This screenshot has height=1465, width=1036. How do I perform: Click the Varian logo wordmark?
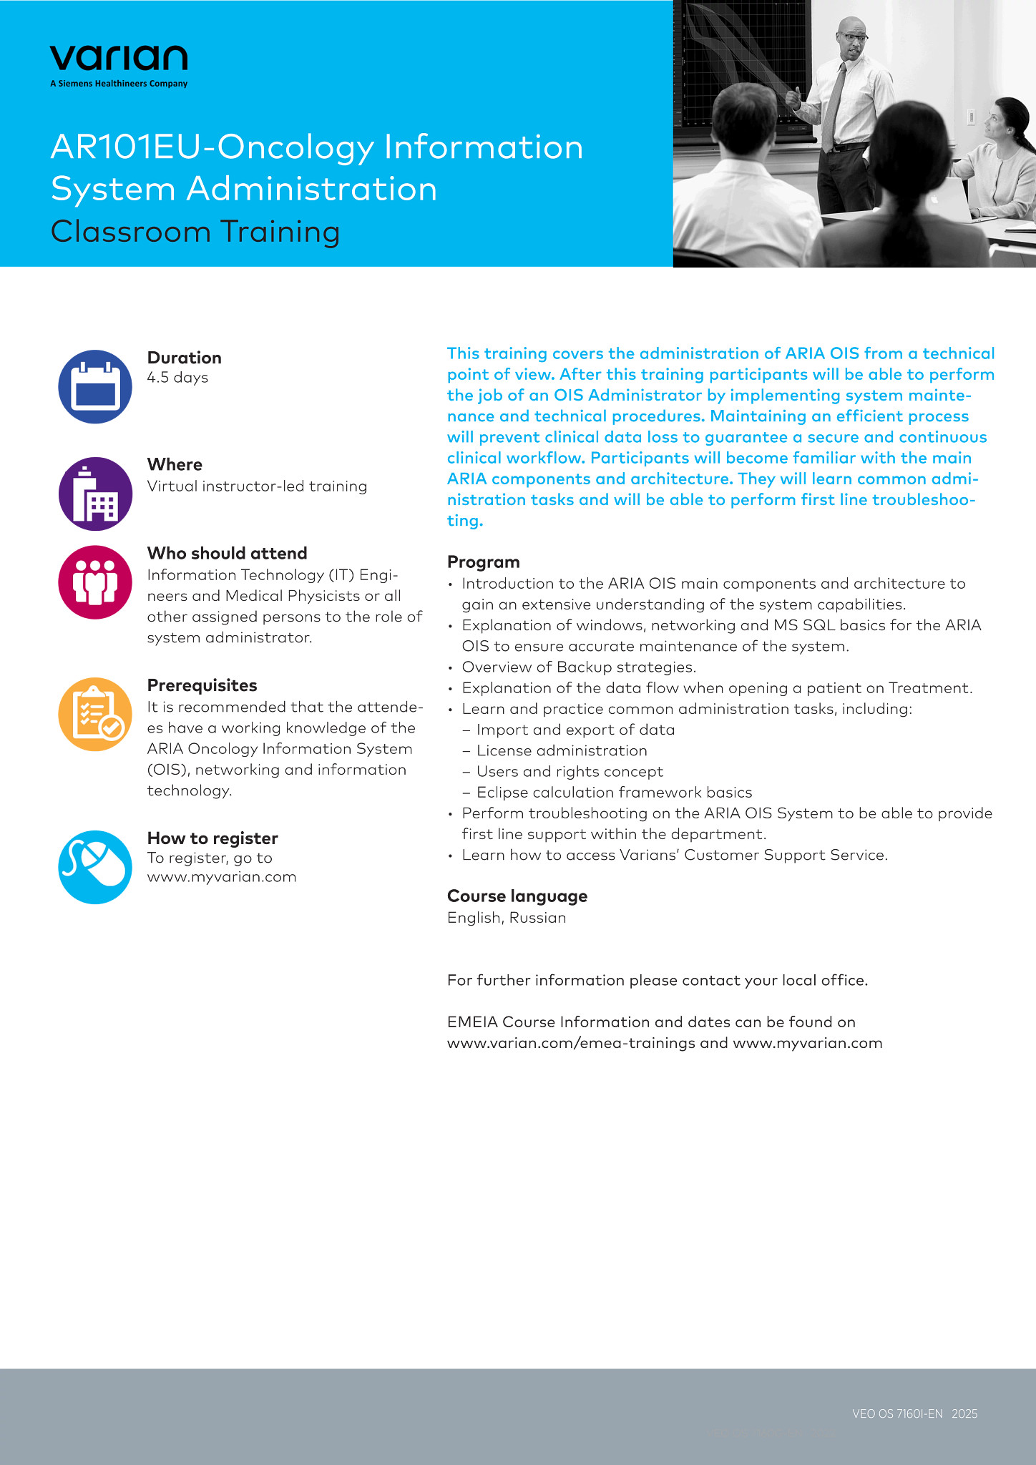(119, 58)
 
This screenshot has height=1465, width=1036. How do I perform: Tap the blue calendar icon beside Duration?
(95, 387)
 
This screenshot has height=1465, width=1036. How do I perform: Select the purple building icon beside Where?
(95, 494)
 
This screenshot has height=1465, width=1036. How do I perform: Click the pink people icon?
(95, 582)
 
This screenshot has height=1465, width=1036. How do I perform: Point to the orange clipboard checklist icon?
(95, 714)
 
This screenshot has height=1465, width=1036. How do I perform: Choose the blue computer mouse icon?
(95, 867)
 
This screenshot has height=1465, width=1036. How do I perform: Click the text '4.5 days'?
(177, 378)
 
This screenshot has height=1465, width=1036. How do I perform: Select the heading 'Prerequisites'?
(202, 685)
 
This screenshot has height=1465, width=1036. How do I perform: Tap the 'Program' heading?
(483, 562)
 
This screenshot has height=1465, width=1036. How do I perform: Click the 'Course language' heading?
(517, 896)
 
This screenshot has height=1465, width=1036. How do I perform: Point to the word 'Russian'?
(537, 918)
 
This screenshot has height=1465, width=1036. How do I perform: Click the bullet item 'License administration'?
(562, 750)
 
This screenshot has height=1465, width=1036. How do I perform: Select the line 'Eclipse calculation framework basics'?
(614, 793)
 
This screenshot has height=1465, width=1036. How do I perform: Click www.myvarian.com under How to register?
(222, 877)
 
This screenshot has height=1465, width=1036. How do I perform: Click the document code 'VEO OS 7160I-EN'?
(897, 1413)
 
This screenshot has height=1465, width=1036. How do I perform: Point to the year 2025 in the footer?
(964, 1413)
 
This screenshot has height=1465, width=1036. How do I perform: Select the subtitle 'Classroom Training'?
(195, 232)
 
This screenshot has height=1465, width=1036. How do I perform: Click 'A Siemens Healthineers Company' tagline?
(119, 84)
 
